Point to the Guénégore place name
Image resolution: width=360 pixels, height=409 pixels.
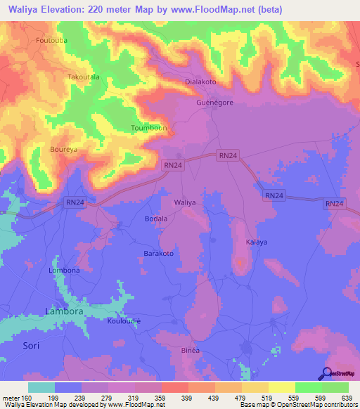click(x=214, y=102)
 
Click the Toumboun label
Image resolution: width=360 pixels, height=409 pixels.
click(x=149, y=128)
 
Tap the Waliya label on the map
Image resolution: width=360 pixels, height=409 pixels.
click(x=185, y=202)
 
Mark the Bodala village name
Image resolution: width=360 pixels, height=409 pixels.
click(x=155, y=219)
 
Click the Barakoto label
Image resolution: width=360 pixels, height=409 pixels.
click(x=158, y=253)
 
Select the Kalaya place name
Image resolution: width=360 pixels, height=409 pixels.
click(x=256, y=242)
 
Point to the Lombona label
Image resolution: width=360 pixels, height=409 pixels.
click(x=64, y=270)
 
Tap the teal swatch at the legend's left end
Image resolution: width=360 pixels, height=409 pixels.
click(x=41, y=387)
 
